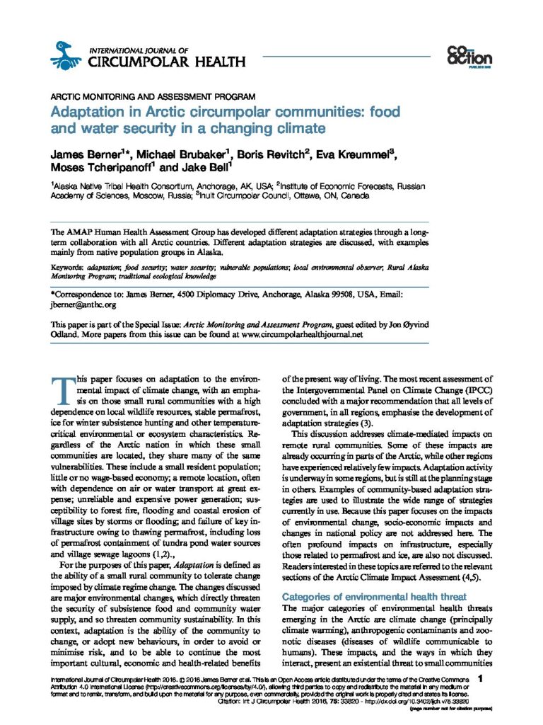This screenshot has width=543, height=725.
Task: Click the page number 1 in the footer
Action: pos(480,680)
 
